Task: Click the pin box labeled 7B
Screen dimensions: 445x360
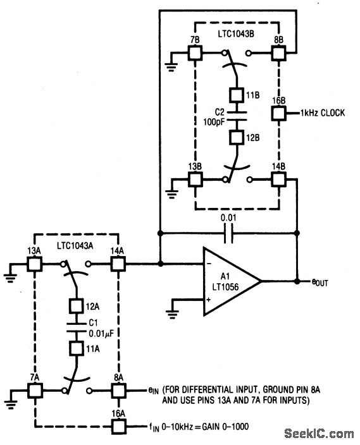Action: click(x=194, y=53)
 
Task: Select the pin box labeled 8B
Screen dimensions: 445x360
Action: click(x=279, y=53)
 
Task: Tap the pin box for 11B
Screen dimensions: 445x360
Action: click(x=236, y=95)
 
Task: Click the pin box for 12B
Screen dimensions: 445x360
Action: click(x=236, y=137)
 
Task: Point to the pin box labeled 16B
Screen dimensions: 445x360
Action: click(x=279, y=114)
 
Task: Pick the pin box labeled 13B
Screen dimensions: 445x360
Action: click(x=194, y=180)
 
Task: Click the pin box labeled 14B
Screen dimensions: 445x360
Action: click(x=279, y=180)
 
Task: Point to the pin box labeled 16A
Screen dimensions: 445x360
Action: click(x=118, y=425)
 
